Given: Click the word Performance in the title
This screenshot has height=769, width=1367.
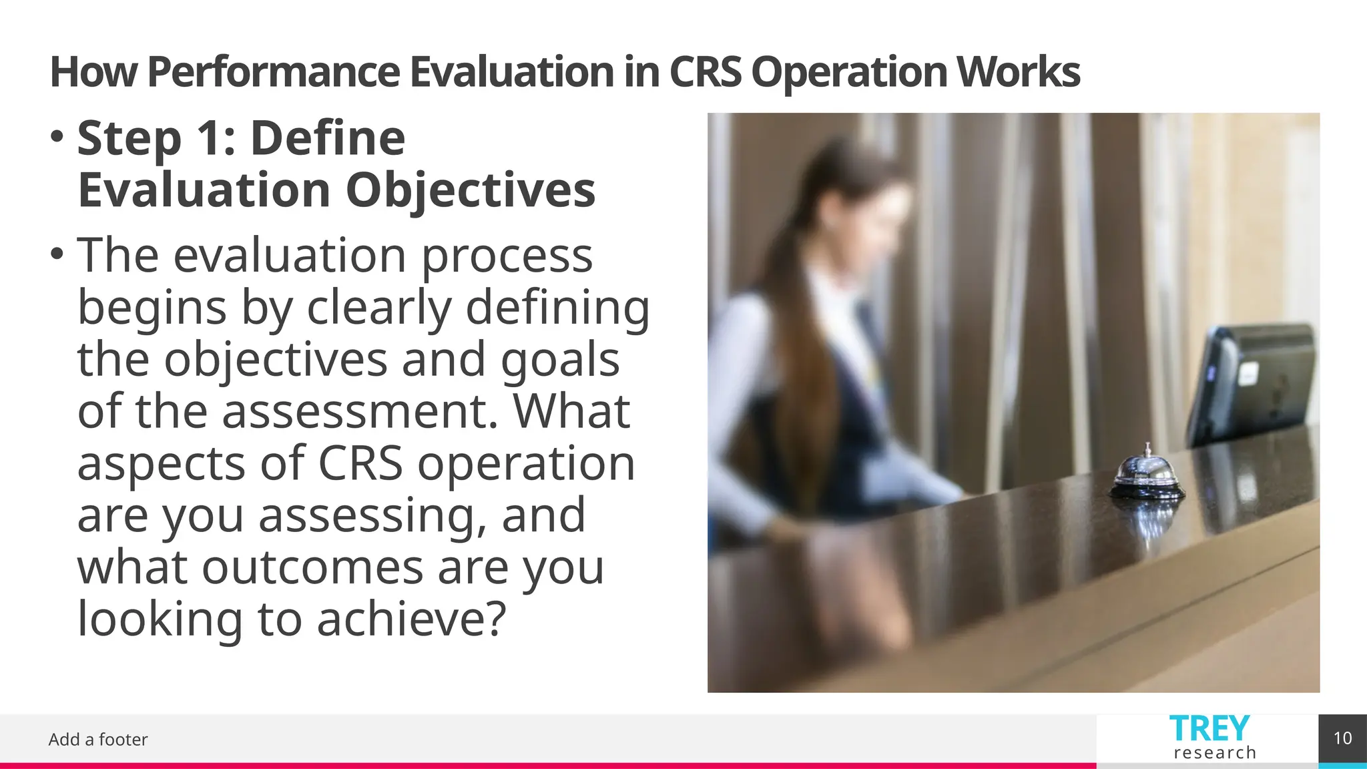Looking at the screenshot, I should [272, 72].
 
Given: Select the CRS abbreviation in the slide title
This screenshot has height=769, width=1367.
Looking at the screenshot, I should [704, 72].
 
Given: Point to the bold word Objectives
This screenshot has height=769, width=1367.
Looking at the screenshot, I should [470, 191].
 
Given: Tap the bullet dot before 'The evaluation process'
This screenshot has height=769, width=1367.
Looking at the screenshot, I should [57, 254].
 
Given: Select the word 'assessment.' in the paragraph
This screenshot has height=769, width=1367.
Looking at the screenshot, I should [360, 411].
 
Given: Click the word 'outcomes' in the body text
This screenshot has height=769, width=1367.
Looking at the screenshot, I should [312, 567].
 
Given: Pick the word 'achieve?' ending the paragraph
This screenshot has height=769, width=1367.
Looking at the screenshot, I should [412, 619].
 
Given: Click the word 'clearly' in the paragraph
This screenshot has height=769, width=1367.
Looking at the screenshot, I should [379, 308].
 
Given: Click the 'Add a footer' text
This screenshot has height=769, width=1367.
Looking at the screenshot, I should [98, 740].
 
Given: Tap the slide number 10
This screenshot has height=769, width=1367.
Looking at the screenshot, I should [1342, 738].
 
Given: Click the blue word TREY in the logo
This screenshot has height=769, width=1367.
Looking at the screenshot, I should [1209, 728].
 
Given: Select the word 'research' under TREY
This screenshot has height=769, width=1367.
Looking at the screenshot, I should [1214, 753].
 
